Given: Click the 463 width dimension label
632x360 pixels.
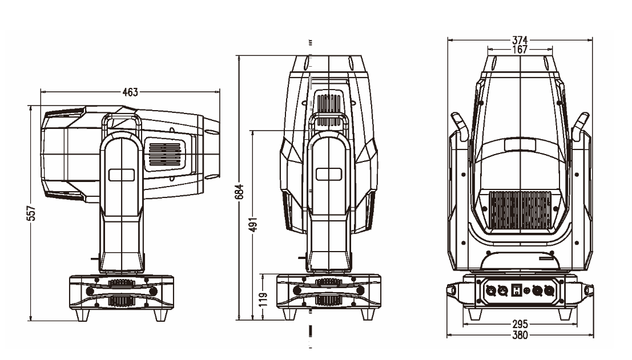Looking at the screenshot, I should [x=130, y=92].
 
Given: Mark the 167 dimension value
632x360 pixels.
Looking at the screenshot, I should [x=520, y=50].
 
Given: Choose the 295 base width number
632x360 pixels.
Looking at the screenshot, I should [x=519, y=326].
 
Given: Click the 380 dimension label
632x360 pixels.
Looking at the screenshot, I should [x=519, y=335].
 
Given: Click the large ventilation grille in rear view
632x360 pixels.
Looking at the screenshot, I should [x=520, y=211].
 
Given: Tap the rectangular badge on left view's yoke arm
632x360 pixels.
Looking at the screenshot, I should [x=121, y=174].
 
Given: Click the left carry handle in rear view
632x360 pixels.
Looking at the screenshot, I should [x=460, y=126].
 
